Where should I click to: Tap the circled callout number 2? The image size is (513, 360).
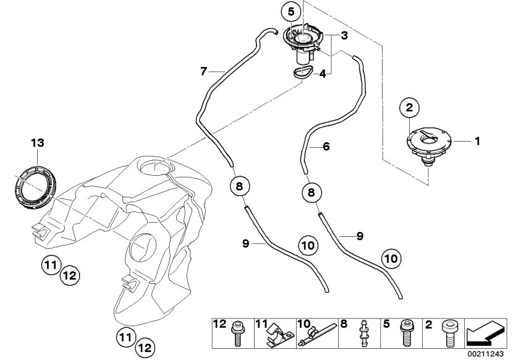pyautogui.click(x=409, y=108)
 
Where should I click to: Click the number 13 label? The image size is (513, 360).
pyautogui.click(x=38, y=144)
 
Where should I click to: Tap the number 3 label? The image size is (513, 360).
pyautogui.click(x=344, y=36)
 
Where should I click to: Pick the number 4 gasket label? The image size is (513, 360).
pyautogui.click(x=321, y=74)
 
